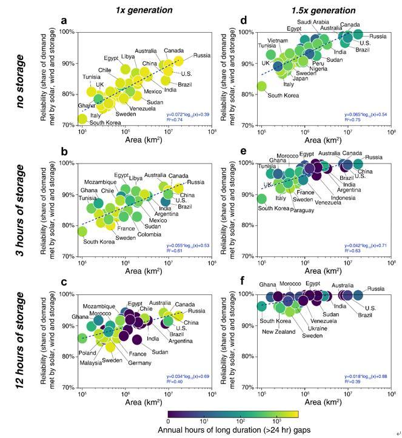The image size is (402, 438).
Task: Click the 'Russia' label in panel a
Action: (202, 56)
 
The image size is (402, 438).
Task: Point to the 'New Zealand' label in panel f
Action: (278, 331)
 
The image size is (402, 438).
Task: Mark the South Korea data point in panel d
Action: (261, 86)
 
